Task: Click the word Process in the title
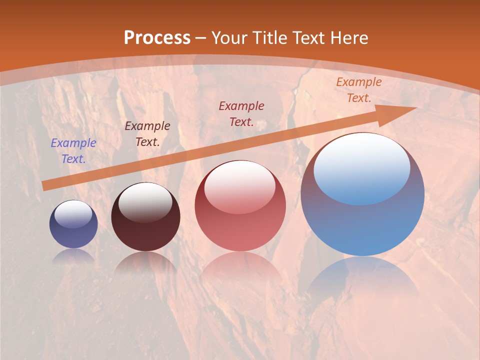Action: click(157, 38)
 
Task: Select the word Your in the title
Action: click(229, 38)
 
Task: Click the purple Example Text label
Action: click(73, 151)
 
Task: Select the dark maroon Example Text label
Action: click(147, 134)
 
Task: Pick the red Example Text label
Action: click(241, 113)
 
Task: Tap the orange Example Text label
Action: click(359, 90)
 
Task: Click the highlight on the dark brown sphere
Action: click(145, 202)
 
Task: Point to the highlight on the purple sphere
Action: click(73, 214)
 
